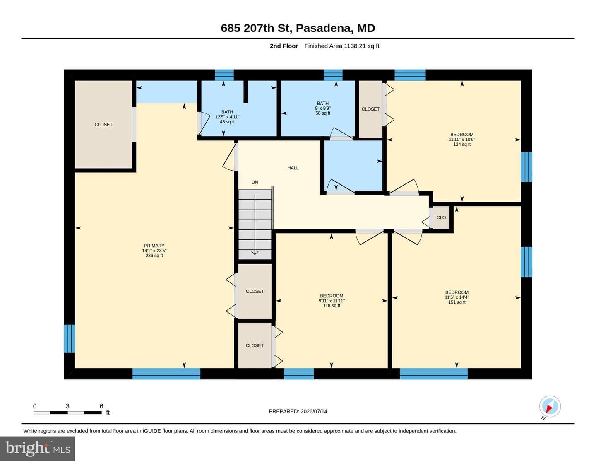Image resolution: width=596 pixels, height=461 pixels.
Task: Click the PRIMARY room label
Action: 154,251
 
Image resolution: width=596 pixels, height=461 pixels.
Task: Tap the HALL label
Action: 293,168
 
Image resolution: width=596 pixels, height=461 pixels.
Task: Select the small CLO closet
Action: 441,217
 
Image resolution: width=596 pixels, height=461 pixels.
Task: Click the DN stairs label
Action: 255,182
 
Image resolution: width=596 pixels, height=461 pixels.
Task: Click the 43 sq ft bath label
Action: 227,117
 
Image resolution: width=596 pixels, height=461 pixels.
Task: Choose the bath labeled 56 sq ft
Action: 323,108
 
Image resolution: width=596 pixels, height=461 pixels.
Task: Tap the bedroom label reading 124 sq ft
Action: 462,140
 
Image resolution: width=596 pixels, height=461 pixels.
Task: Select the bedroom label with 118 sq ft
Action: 332,301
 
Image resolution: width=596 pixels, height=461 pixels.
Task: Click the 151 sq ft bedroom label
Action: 457,297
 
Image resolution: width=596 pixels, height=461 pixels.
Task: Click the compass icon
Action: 550,407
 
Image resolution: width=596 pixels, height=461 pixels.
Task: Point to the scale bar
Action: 67,413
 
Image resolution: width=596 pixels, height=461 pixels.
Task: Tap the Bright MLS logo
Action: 37,449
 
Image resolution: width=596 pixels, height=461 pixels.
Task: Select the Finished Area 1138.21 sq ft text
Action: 342,46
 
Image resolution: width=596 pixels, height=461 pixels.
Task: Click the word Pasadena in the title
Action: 324,28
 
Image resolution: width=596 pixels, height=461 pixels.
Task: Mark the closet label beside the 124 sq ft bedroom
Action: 370,109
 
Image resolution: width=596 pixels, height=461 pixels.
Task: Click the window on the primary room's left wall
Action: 70,339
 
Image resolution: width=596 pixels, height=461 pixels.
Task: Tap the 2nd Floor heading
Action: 284,46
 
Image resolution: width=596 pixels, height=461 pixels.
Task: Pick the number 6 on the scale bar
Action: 101,406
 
